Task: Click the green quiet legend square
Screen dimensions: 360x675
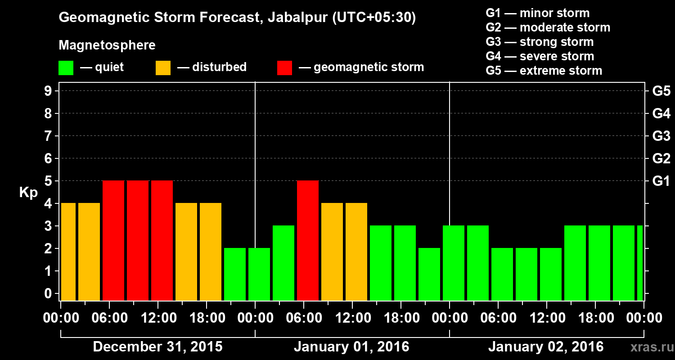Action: pyautogui.click(x=66, y=68)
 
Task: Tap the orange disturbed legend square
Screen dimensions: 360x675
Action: pyautogui.click(x=163, y=68)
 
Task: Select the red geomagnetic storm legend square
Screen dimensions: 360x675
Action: pyautogui.click(x=284, y=68)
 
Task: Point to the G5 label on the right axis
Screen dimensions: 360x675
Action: pyautogui.click(x=661, y=91)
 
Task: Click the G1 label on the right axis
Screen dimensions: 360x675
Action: pyautogui.click(x=661, y=181)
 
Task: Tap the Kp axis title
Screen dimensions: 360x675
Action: pyautogui.click(x=28, y=192)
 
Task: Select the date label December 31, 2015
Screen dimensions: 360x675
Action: pyautogui.click(x=157, y=347)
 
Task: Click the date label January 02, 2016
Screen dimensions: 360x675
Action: pyautogui.click(x=546, y=347)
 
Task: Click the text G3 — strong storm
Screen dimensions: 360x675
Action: pyautogui.click(x=540, y=42)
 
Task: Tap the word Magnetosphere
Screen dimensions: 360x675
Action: pyautogui.click(x=107, y=45)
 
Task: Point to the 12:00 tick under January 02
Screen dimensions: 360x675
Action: pyautogui.click(x=546, y=318)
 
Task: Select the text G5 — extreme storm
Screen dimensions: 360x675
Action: pyautogui.click(x=544, y=71)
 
